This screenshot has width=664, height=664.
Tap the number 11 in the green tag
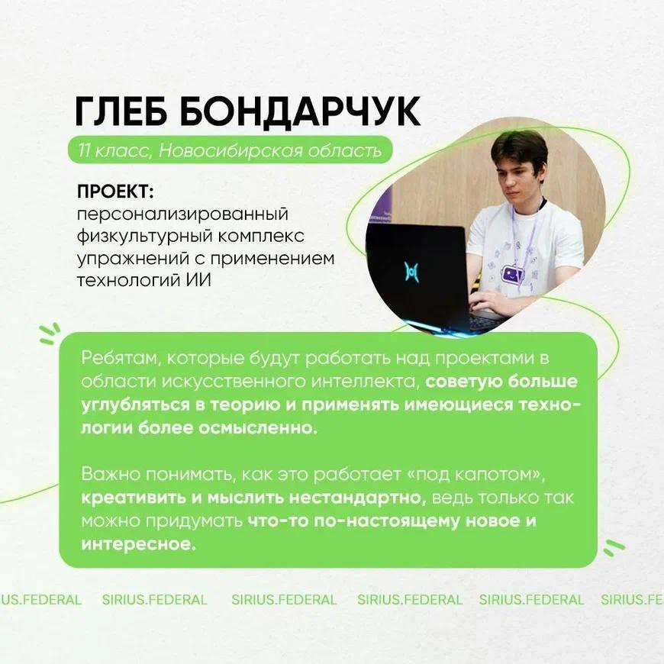(83, 150)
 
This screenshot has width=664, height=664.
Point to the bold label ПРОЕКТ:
(115, 192)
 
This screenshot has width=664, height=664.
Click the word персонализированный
(182, 214)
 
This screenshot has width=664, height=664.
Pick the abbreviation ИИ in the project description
(198, 280)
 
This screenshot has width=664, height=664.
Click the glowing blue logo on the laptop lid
(411, 272)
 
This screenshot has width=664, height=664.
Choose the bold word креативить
(134, 498)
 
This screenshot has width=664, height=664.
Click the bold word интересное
(138, 544)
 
